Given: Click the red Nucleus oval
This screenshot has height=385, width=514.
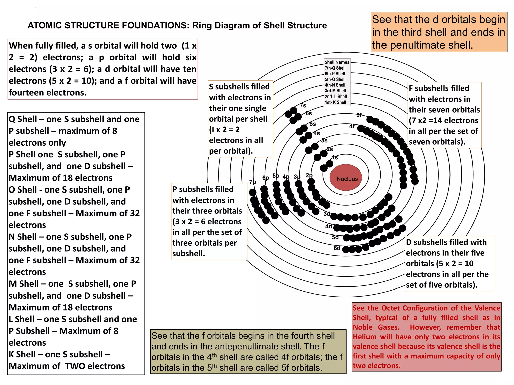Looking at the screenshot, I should (x=346, y=177).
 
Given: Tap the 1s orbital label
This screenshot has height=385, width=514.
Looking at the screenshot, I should (x=335, y=157).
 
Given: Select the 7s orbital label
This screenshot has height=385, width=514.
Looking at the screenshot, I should (x=303, y=105).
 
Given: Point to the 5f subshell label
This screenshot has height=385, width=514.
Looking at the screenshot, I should (x=359, y=115).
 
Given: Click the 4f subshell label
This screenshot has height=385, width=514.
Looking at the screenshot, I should (x=352, y=126).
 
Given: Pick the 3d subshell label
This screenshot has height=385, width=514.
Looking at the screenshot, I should (x=327, y=214).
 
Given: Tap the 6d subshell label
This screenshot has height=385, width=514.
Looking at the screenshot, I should (x=337, y=248).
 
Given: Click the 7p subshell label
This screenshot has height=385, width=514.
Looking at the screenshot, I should (x=253, y=182).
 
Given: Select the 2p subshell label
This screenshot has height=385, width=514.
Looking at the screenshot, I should (x=309, y=175).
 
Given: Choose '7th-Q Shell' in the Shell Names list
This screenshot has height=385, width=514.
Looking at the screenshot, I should (x=335, y=68).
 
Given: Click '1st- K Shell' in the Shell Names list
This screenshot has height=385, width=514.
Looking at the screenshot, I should (x=335, y=102).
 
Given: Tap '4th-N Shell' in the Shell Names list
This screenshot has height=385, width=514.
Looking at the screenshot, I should (x=335, y=85).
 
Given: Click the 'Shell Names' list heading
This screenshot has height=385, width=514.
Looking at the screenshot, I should (x=337, y=62).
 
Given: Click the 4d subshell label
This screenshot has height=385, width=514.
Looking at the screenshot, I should (x=329, y=227).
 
